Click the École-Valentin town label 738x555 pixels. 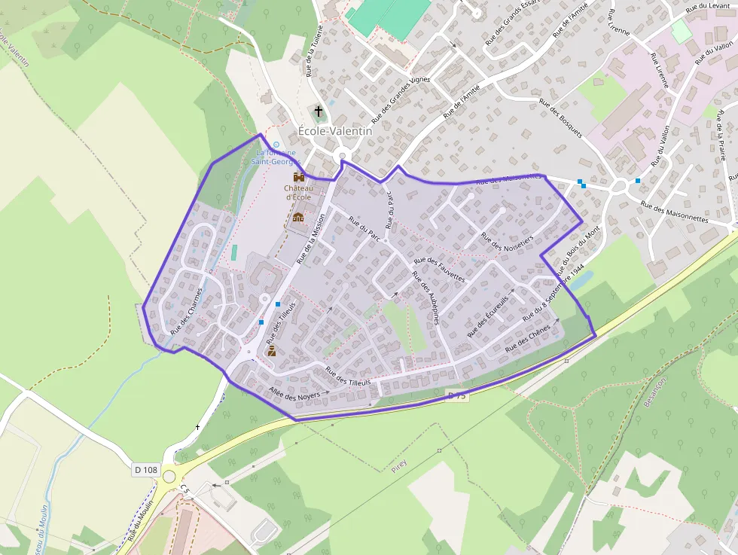coord(335,130)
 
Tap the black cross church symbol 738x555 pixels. coord(319,111)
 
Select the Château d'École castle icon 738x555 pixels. coord(297,176)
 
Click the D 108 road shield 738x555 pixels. coord(146,469)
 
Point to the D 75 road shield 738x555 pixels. coord(457,395)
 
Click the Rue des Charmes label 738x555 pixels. coord(187,310)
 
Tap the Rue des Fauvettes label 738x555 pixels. coord(440,270)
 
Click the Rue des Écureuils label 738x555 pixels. coord(488,316)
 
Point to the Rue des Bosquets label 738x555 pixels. coord(560,117)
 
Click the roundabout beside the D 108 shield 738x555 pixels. coord(169,476)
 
